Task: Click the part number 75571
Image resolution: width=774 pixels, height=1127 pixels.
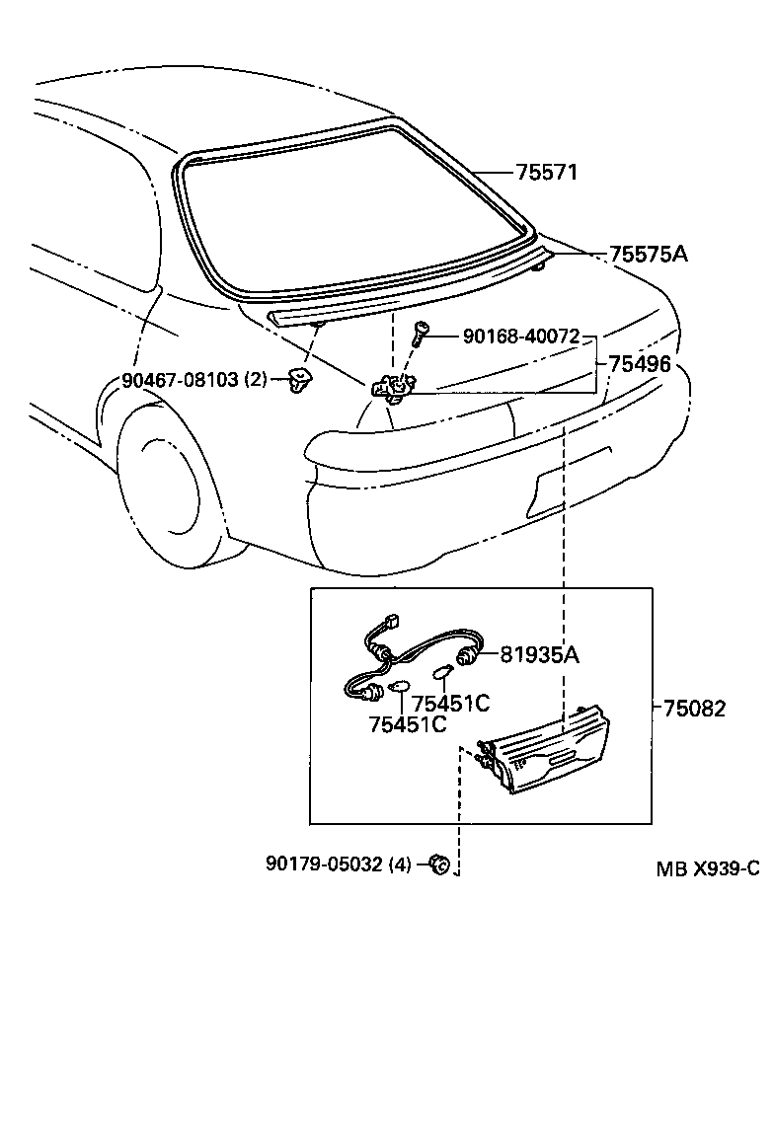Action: tap(546, 173)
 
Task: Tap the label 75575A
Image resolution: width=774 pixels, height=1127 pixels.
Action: tap(648, 255)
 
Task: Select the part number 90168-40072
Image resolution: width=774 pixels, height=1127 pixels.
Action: tap(521, 337)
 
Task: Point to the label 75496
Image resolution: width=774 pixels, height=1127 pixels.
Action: tap(639, 364)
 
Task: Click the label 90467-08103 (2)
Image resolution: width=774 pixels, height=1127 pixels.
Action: tap(195, 379)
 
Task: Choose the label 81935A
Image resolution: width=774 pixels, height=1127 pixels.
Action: tap(539, 653)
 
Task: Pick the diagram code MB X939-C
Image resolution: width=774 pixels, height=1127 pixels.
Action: tap(708, 868)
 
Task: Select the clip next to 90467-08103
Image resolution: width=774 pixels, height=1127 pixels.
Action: tap(297, 377)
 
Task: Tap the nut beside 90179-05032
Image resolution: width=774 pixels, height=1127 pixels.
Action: tap(440, 865)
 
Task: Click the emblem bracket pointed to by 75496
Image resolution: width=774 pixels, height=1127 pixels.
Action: tap(391, 388)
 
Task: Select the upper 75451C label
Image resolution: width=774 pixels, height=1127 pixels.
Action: tap(450, 704)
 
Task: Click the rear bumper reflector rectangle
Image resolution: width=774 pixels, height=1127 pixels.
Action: tap(572, 484)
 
